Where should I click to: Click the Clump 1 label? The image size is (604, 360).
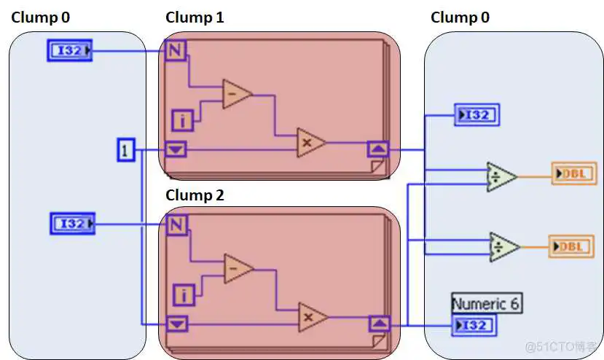point(195,17)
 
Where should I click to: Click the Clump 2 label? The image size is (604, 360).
point(195,195)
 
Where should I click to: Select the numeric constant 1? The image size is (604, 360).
point(126,151)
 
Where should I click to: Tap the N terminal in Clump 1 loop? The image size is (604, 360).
point(175,50)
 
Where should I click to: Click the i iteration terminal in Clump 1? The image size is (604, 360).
point(181,120)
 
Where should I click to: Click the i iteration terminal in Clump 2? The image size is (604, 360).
point(182,295)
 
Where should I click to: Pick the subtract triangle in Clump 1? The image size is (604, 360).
point(235,94)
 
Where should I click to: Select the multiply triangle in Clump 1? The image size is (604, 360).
point(309,143)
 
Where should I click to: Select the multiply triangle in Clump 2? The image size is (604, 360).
point(311,317)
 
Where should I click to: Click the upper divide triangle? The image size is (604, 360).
point(501,176)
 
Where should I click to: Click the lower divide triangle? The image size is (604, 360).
point(503,246)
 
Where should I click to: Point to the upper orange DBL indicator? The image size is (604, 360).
point(574,174)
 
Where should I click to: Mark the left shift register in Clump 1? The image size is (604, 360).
point(176,150)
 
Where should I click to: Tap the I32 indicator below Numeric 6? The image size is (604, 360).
point(474,326)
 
